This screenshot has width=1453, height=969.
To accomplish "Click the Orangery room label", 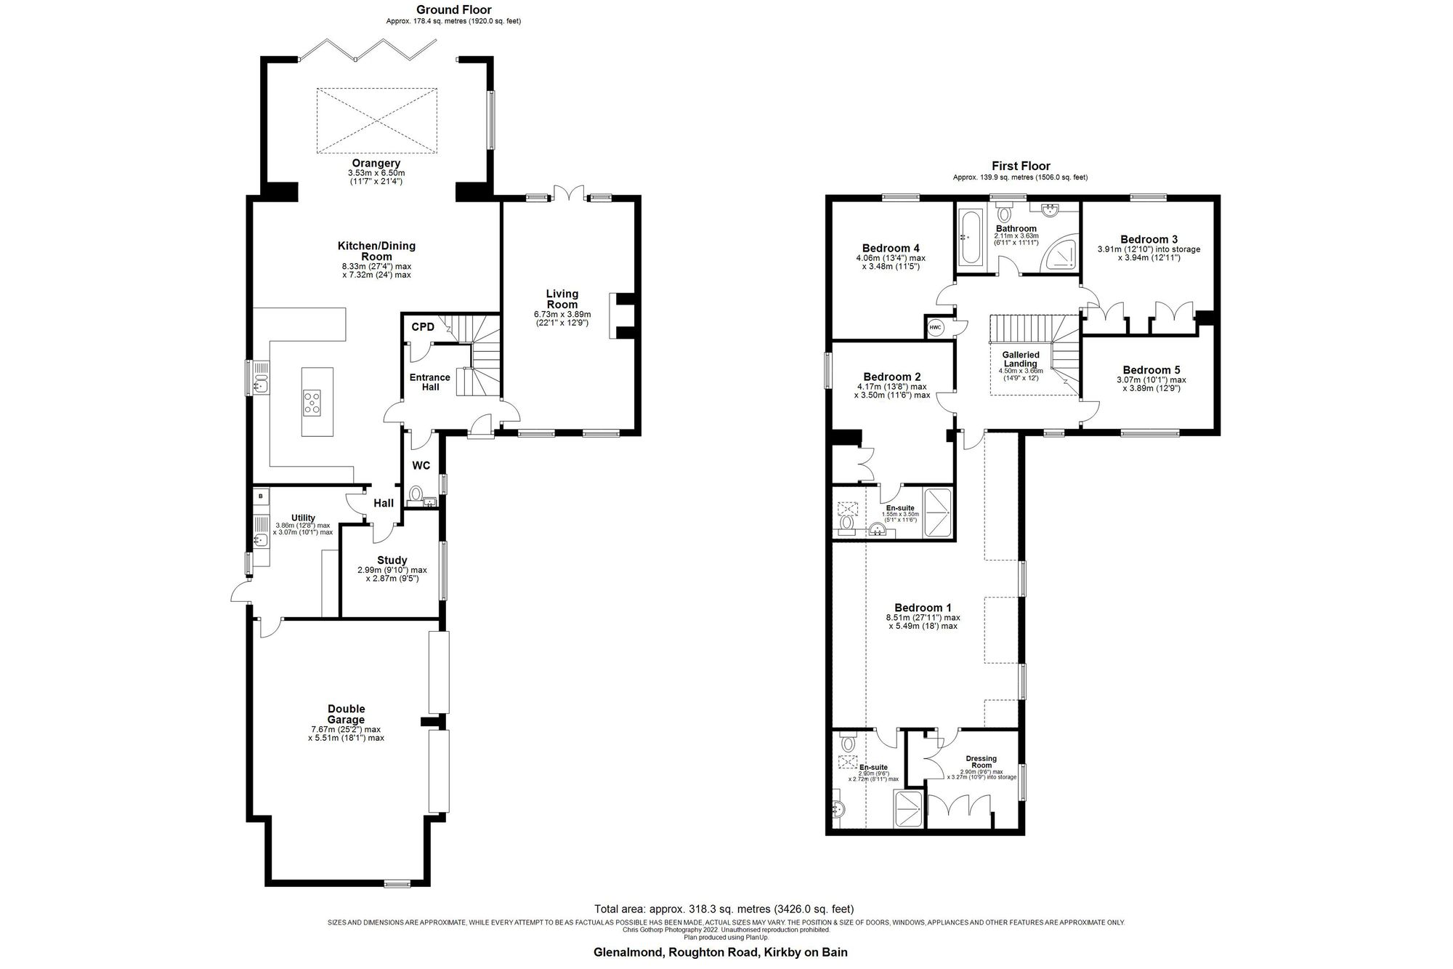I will [376, 164].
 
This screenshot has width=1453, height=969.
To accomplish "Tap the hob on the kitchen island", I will [312, 402].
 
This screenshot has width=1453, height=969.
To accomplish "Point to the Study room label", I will [392, 560].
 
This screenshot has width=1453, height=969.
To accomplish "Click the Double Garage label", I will [346, 714].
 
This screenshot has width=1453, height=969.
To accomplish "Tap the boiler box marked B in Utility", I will [260, 496].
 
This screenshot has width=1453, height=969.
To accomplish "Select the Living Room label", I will [562, 299].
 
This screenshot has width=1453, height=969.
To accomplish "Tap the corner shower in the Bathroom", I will [1061, 254].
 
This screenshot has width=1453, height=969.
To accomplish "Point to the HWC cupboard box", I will [935, 328].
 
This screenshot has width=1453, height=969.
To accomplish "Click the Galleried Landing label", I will [1020, 359].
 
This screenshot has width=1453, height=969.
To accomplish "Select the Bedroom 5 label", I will [1151, 370].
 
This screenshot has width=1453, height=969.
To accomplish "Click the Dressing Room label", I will [982, 762].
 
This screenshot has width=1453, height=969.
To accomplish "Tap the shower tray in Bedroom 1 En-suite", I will [908, 810].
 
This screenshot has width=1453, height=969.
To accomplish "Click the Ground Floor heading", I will [453, 10].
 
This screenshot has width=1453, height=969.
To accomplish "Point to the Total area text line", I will [724, 909].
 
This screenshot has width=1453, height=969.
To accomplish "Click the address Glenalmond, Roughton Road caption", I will [721, 952].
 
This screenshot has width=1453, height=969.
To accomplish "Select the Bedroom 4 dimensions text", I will [891, 262].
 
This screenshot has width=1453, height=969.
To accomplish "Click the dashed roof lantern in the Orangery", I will [376, 121].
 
